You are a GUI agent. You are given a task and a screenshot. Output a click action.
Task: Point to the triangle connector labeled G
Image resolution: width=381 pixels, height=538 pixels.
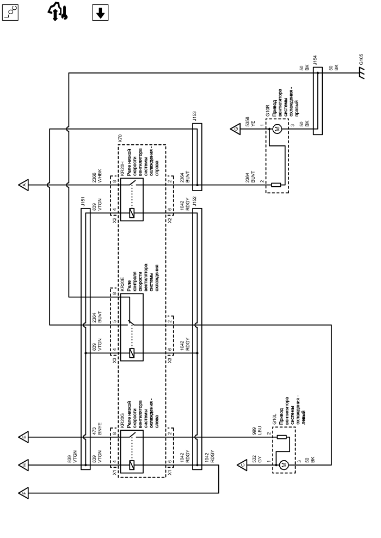[x=235, y=129]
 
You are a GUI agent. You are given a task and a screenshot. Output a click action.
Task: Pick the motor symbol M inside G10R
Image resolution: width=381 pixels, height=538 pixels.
[x=276, y=129]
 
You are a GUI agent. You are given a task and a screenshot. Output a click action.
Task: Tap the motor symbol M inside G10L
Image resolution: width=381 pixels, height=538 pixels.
[x=282, y=464]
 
